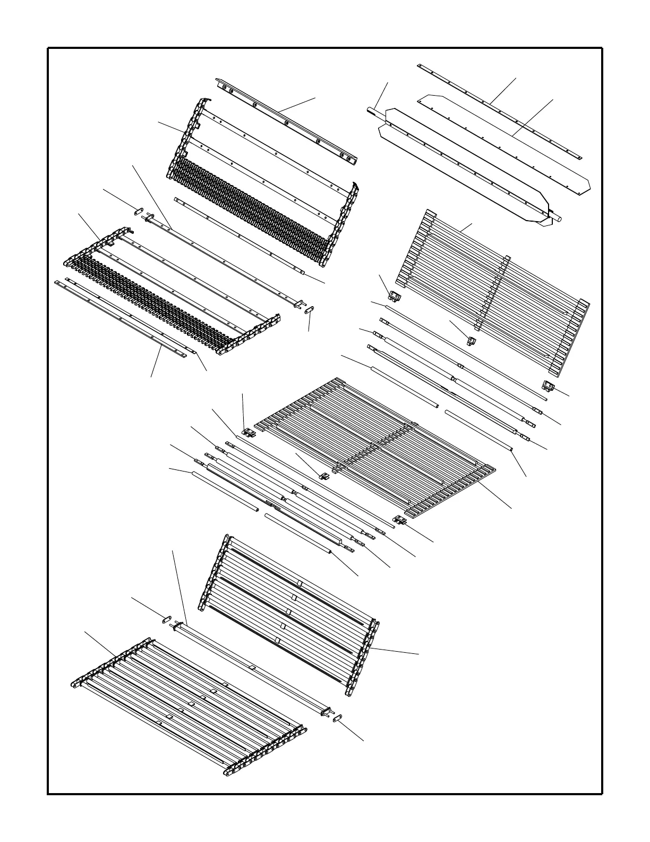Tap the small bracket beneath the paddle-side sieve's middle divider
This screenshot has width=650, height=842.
pyautogui.click(x=471, y=341)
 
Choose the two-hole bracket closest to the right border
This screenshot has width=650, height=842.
pyautogui.click(x=548, y=385)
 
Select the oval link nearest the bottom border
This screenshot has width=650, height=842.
pyautogui.click(x=338, y=718)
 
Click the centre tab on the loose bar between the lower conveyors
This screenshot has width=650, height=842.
pyautogui.click(x=253, y=667)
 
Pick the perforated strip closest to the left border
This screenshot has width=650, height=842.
pyautogui.click(x=122, y=319)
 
